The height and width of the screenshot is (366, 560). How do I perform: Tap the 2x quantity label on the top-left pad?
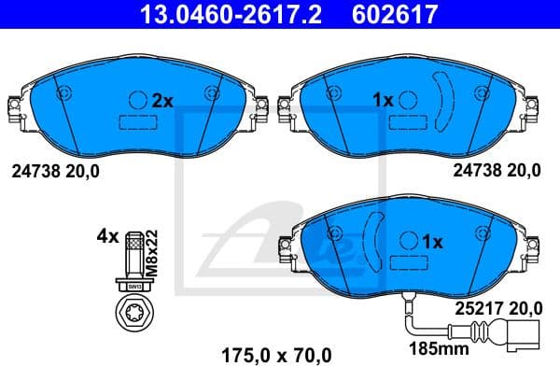coord(163,99)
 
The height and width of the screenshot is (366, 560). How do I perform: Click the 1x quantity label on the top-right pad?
coord(383,99)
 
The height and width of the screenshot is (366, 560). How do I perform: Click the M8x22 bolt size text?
coord(154,246)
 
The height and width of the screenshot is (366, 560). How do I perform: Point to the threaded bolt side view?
coord(133,254)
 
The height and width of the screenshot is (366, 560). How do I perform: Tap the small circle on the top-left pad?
coord(137,99)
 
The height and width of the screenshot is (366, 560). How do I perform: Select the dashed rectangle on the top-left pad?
coord(137,121)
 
